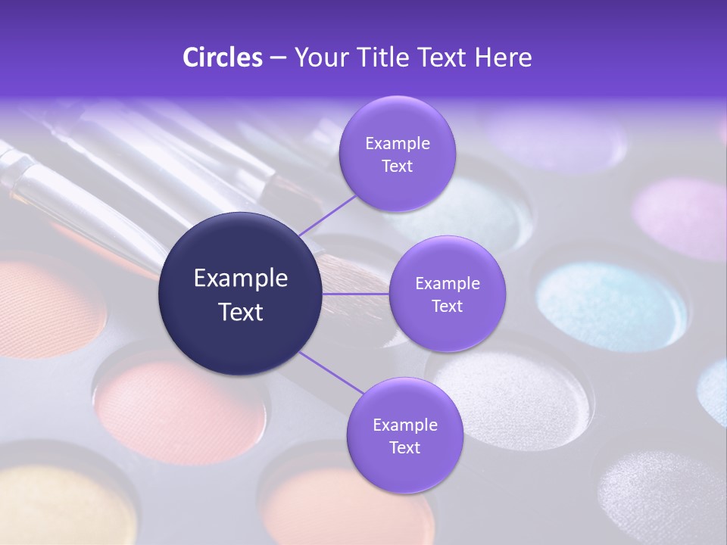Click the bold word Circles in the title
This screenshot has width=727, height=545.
(222, 58)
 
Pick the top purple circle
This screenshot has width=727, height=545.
(397, 154)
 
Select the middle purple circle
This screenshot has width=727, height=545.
(447, 294)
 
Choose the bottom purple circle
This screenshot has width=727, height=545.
(404, 435)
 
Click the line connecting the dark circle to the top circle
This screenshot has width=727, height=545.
(327, 216)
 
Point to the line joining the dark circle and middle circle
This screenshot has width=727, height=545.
(356, 294)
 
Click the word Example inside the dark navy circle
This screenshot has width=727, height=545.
(241, 279)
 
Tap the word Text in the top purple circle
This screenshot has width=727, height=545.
(397, 166)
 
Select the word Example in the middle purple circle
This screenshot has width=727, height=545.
(447, 284)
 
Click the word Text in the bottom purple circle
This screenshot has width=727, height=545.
(404, 447)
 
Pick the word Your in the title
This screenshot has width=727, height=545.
(320, 58)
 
